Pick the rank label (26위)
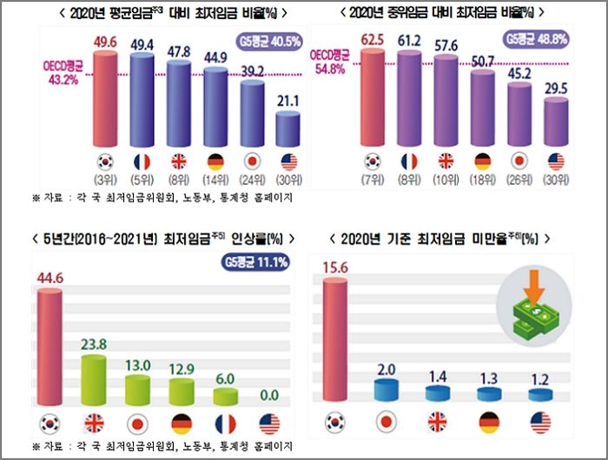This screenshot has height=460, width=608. tap(519, 181)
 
